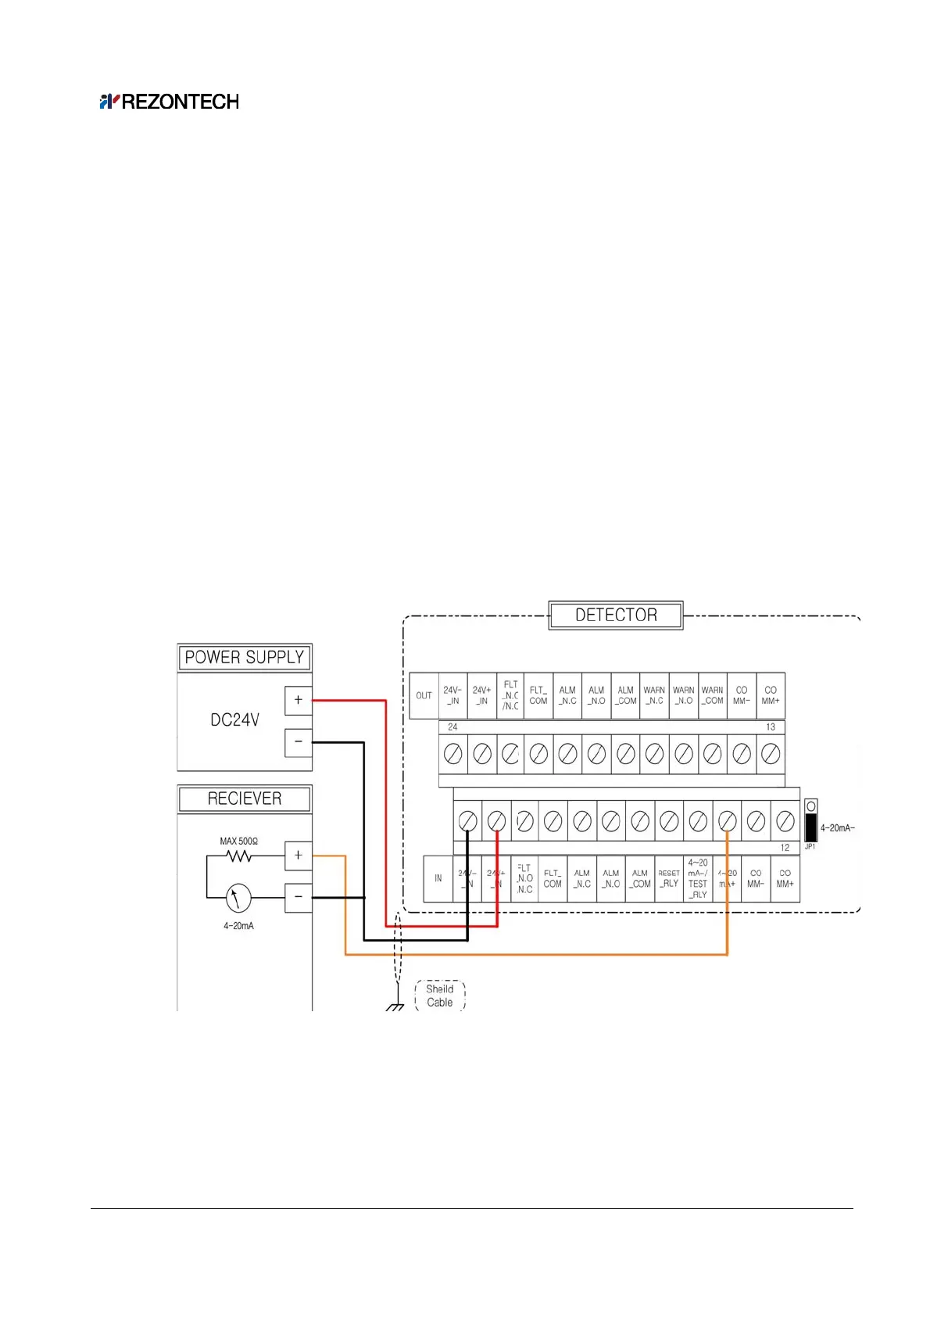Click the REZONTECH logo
(169, 102)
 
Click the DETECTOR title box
(616, 615)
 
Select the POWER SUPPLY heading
(244, 658)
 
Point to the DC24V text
(234, 720)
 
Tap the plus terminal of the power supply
(298, 700)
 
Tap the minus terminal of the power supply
(298, 741)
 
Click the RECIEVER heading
(244, 798)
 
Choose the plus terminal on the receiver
(298, 856)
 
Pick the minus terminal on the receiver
(298, 897)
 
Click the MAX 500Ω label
(238, 842)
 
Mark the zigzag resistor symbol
(238, 856)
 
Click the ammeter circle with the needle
(238, 898)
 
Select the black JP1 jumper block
(811, 827)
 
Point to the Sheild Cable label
(439, 996)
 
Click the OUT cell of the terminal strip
(424, 695)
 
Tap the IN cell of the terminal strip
(438, 878)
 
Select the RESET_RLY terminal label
(669, 878)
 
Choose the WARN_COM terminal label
(712, 695)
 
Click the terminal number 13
(771, 727)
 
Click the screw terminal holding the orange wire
(727, 821)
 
